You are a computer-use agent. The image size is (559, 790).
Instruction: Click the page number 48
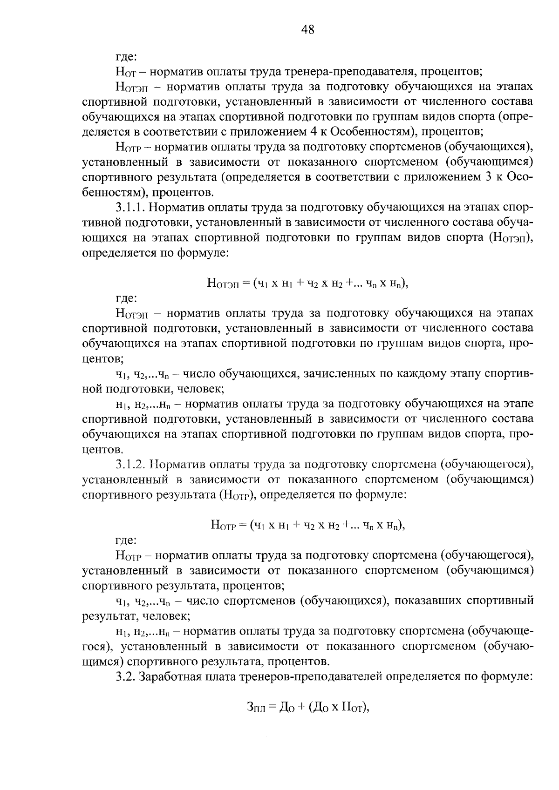click(x=308, y=30)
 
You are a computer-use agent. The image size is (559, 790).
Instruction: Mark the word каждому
click(x=423, y=374)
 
